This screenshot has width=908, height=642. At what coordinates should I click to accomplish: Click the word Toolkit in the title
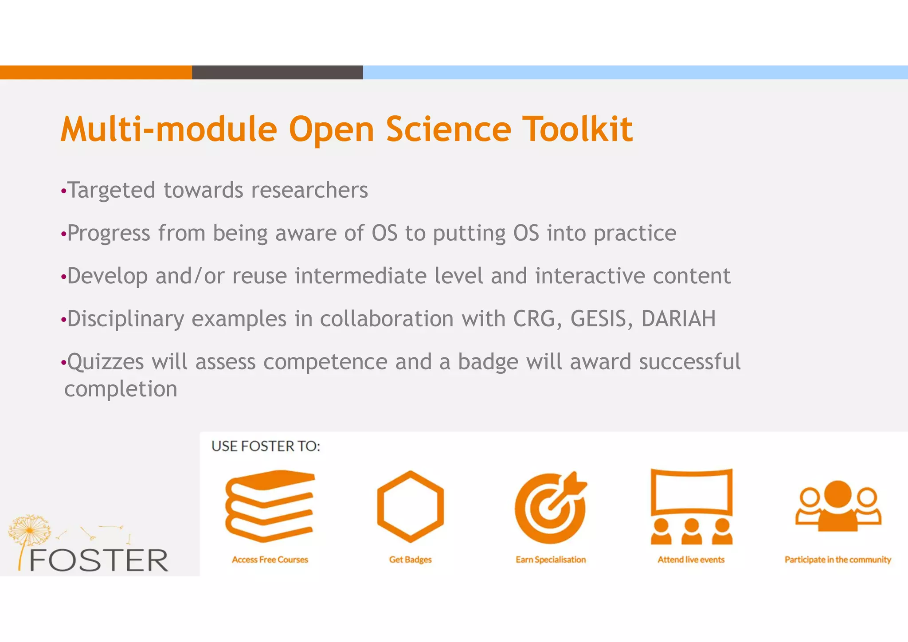coord(577,129)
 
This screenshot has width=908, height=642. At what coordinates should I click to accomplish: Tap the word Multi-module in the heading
coord(168,129)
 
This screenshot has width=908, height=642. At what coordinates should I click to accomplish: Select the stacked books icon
coord(270,506)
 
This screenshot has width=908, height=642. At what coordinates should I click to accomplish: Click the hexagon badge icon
coord(410,506)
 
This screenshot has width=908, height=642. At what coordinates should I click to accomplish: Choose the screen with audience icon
coord(691,506)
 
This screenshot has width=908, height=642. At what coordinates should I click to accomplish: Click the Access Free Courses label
coord(270,560)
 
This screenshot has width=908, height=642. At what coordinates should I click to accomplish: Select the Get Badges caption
coord(410,560)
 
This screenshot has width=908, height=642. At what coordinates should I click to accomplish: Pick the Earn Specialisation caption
coord(551,560)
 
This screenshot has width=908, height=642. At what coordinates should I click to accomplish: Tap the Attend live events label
coord(691,560)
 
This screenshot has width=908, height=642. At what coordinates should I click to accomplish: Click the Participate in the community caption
coord(838,560)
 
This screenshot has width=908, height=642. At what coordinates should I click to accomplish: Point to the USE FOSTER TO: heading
coord(266,446)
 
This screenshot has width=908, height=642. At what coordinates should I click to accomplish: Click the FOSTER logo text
coord(98,560)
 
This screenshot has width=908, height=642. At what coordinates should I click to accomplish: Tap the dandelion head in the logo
coord(29,529)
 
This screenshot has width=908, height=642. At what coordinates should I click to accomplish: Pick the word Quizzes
coord(106,362)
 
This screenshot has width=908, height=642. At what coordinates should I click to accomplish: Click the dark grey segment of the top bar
coord(277,72)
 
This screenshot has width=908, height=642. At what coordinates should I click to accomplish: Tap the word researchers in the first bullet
coord(309,190)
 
